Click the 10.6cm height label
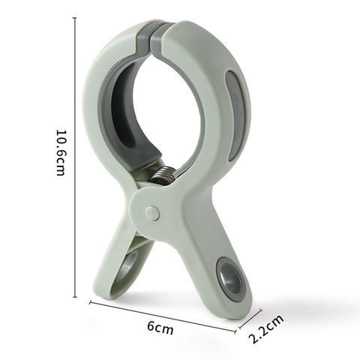pyautogui.click(x=61, y=153)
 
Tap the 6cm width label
pyautogui.click(x=160, y=328)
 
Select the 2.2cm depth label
pyautogui.click(x=266, y=328)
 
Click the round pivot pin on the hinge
pyautogui.click(x=153, y=213)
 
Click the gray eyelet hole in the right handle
pyautogui.click(x=229, y=278)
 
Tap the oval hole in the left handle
pyautogui.click(x=127, y=268)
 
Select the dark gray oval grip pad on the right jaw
pyautogui.click(x=234, y=115)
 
